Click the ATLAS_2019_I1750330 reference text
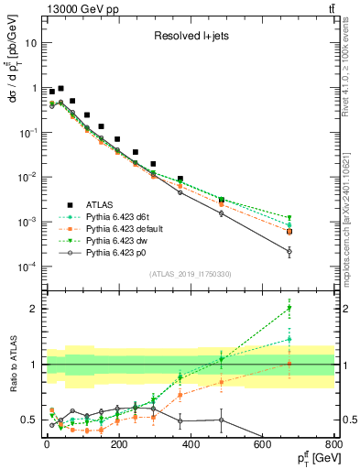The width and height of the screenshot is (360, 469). coord(191,274)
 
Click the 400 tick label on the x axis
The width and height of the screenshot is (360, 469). coord(191,443)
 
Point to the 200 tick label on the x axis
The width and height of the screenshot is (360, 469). coord(119,443)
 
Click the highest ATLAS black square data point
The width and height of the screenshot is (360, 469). coord(60,89)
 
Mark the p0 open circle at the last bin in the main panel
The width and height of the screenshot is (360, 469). coord(315,251)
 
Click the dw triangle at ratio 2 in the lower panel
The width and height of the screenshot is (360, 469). coord(315,308)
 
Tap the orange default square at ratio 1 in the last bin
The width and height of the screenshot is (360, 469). coord(315,364)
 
